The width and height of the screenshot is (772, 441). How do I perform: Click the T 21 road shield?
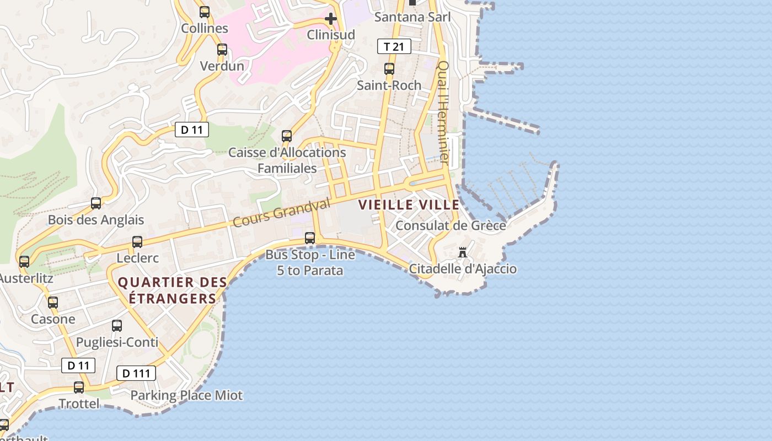394,46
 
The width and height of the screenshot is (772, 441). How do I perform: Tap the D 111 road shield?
136,373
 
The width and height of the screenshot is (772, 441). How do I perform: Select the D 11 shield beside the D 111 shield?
78,365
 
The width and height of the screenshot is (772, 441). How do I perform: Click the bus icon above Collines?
205,12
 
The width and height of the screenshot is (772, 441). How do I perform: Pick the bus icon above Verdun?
222,50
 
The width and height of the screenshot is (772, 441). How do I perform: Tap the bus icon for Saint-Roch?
389,69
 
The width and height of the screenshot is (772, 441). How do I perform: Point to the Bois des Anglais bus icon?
96,203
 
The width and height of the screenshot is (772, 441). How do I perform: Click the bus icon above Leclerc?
137,241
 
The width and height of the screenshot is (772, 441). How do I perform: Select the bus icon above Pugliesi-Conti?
117,326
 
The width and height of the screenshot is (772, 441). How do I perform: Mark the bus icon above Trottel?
79,388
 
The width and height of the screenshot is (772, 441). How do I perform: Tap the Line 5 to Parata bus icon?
310,238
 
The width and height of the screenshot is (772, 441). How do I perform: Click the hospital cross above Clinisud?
331,19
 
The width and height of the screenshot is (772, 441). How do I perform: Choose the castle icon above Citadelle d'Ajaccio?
463,252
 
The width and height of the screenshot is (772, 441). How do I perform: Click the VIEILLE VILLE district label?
409,205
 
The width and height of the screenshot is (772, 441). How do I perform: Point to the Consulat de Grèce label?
451,225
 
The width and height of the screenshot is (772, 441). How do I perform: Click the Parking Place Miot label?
186,395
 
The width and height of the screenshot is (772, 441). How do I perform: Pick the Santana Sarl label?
412,17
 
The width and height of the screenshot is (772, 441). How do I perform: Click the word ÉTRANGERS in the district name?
173,299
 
